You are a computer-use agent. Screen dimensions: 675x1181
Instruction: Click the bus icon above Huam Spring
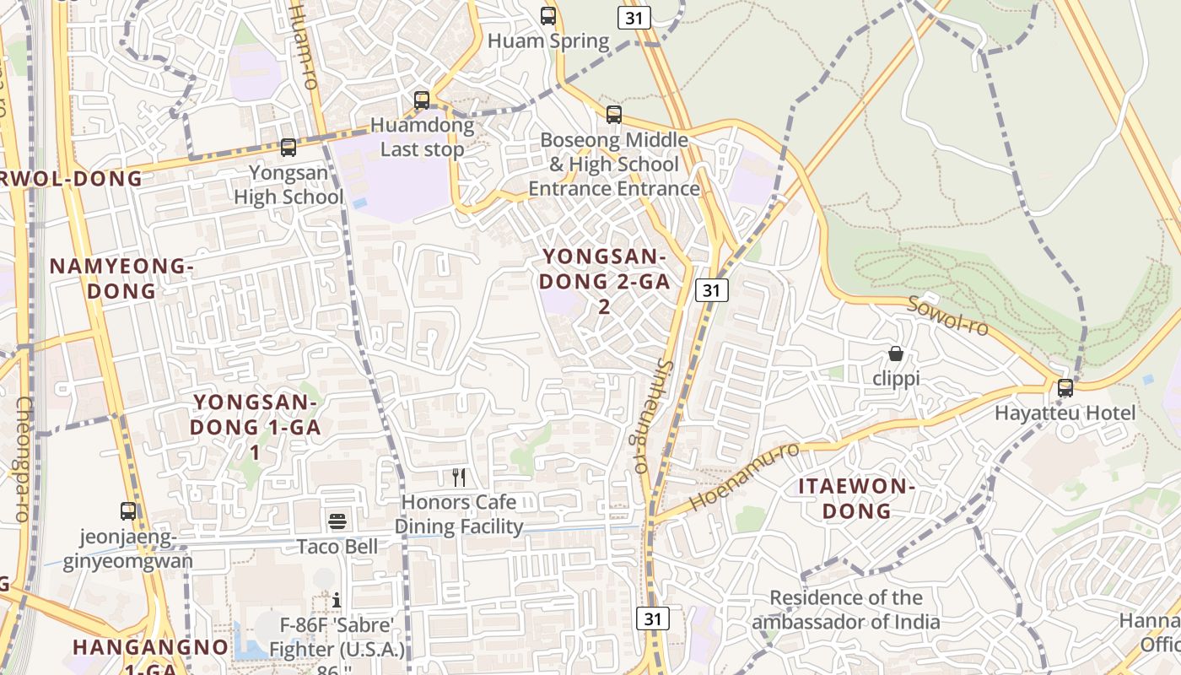pos(548,15)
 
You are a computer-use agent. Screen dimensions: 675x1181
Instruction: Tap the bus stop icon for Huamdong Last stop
pos(422,100)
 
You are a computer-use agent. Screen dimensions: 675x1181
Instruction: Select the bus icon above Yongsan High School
pos(289,148)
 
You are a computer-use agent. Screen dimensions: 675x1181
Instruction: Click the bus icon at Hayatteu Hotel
pos(1065,387)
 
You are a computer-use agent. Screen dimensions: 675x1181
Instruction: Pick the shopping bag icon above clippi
pos(896,354)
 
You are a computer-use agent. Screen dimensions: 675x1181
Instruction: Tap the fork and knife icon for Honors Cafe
pos(459,478)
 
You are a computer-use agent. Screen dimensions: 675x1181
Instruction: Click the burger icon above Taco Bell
pos(337,521)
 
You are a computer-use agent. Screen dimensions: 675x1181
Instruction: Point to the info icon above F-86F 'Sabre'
pos(337,600)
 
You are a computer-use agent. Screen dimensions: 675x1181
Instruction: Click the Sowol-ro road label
pos(947,316)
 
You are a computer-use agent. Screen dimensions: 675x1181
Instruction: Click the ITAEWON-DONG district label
pos(857,499)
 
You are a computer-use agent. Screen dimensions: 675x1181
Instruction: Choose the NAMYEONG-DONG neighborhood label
pos(121,278)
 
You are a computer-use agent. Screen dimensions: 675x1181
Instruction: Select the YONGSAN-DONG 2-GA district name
pos(605,281)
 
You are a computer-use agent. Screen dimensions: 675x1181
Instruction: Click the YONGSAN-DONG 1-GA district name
pos(255,427)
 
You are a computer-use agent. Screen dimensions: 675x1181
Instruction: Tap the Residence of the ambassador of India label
pos(846,610)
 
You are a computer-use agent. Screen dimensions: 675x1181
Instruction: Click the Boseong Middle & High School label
pos(614,164)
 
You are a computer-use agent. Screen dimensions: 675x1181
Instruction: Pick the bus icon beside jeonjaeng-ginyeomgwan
pos(128,511)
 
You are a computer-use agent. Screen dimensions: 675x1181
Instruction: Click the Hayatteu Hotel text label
pos(1065,413)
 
